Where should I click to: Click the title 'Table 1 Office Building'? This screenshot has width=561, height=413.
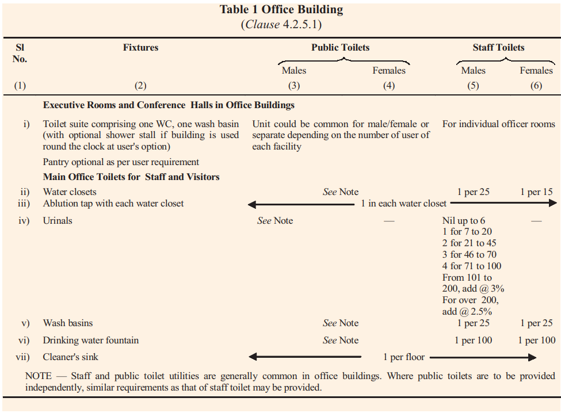click(x=281, y=10)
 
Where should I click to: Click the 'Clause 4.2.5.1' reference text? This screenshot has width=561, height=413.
click(x=281, y=25)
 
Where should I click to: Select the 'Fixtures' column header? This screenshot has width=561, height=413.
click(x=140, y=48)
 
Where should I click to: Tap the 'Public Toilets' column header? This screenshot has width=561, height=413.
click(x=340, y=48)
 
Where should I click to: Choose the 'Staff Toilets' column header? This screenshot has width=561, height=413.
click(x=498, y=48)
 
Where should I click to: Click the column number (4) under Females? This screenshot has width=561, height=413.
click(x=389, y=86)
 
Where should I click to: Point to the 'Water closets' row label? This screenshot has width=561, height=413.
click(x=70, y=192)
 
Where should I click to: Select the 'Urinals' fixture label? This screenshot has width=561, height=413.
click(x=58, y=220)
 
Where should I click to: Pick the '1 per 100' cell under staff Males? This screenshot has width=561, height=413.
click(x=473, y=340)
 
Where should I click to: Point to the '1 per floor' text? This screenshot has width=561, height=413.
click(x=404, y=357)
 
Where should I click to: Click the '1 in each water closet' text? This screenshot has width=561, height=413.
click(x=404, y=203)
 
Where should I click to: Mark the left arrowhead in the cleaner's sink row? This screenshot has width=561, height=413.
click(x=253, y=357)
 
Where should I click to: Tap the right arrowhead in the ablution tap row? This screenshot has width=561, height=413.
click(x=553, y=203)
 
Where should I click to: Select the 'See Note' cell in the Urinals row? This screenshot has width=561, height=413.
click(x=275, y=220)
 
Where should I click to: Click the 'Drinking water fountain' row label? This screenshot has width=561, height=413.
click(x=91, y=340)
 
